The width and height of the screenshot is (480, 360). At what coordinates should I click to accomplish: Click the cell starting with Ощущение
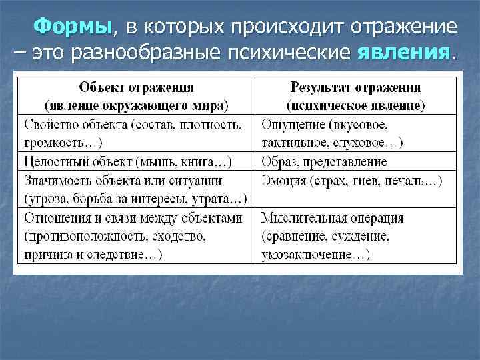[x=355, y=133]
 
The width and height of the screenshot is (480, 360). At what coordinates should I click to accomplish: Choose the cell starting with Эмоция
[x=355, y=180]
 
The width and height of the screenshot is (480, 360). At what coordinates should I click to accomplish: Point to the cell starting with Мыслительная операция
[x=355, y=236]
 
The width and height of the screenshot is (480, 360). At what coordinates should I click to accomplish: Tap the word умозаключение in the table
[x=307, y=255]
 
